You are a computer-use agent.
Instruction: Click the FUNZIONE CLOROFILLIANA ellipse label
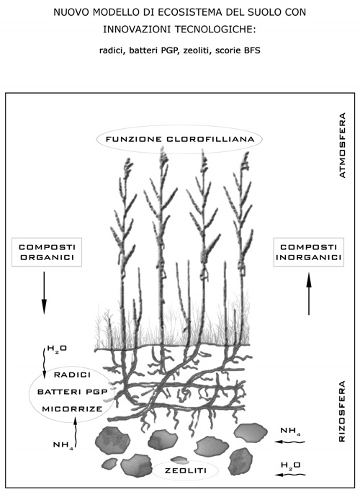point(179,139)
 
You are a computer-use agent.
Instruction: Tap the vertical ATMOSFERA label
point(343,146)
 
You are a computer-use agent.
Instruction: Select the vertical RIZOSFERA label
point(343,411)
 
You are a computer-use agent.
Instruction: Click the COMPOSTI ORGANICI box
point(47,252)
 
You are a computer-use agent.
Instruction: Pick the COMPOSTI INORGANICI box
point(309,252)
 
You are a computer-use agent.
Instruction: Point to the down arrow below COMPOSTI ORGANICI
point(44,292)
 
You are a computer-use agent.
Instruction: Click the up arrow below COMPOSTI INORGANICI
point(309,294)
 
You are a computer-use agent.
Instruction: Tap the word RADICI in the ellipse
point(73,375)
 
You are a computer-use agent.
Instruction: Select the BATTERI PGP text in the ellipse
point(73,392)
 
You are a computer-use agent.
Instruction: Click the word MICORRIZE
point(73,409)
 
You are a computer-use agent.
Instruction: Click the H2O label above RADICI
point(57,349)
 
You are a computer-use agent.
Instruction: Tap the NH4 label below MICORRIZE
point(63,445)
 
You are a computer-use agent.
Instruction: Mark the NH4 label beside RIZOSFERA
point(290,431)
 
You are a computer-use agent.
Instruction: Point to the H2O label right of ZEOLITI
point(290,465)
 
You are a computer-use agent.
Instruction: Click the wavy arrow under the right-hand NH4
point(289,442)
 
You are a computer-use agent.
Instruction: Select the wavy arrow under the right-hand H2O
point(290,475)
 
